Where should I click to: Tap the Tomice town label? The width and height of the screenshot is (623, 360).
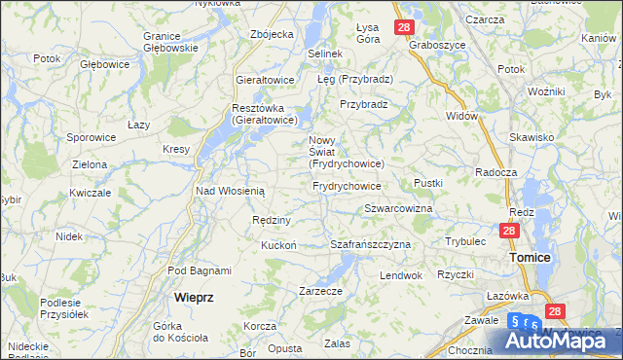(x=531, y=257)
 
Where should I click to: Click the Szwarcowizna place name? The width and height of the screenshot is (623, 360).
(x=398, y=208)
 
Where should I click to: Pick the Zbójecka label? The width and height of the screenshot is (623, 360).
(x=272, y=34)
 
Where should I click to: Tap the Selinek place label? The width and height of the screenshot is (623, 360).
(x=325, y=53)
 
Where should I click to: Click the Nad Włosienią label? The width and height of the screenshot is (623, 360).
(x=230, y=191)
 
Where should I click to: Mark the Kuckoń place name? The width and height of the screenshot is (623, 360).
(x=278, y=245)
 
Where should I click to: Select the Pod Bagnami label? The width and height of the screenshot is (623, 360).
(x=200, y=270)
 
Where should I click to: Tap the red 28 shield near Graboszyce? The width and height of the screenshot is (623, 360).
(x=404, y=28)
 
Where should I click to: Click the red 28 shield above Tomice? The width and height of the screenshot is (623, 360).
(x=508, y=232)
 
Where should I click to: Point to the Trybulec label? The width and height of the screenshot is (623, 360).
(x=465, y=240)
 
